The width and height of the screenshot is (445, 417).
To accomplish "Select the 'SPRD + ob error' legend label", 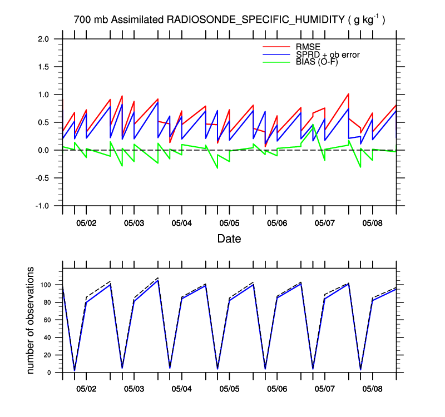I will click(x=328, y=54).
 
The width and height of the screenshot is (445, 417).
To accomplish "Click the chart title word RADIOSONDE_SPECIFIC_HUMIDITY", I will click(x=255, y=21).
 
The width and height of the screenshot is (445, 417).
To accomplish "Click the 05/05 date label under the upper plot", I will click(x=229, y=223).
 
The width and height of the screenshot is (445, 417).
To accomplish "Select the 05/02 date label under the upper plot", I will click(x=86, y=223).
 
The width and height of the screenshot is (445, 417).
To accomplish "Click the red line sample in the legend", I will click(x=276, y=47).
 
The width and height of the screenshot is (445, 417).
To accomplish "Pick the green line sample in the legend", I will click(x=276, y=62).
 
